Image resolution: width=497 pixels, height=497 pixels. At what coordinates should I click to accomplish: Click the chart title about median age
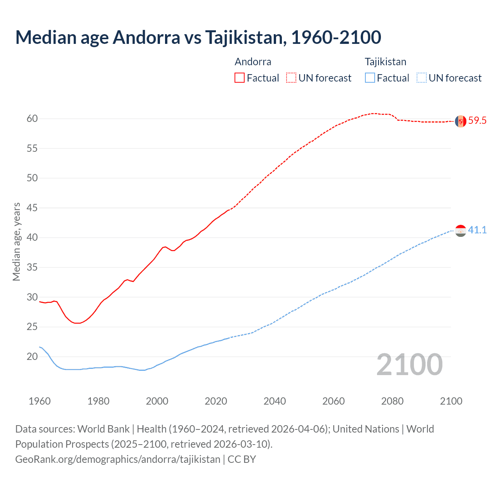198,37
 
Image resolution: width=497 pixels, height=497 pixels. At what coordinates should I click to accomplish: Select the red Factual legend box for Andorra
240,78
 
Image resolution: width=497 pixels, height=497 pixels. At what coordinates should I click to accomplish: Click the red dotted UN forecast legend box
291,78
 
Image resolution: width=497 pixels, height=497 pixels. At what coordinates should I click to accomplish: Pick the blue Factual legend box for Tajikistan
370,78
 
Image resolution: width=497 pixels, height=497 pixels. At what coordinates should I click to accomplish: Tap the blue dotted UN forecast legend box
422,78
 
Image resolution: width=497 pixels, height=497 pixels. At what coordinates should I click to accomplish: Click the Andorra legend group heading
253,62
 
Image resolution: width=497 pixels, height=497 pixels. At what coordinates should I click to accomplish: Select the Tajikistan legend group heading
385,62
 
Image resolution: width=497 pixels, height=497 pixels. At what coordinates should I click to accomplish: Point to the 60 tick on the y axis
32,119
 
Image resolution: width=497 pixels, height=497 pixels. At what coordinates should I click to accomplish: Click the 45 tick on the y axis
32,208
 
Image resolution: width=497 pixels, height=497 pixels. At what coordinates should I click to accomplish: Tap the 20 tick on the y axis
32,356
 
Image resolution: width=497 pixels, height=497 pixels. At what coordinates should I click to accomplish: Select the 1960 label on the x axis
40,401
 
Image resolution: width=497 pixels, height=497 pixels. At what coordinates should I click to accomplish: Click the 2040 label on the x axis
275,401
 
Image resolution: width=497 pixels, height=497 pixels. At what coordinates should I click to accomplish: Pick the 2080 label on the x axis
392,401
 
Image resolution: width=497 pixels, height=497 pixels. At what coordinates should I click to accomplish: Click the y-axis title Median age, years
16,242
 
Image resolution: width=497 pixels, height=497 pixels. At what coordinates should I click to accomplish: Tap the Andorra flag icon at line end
461,121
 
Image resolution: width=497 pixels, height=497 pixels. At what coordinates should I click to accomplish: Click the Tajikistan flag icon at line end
461,231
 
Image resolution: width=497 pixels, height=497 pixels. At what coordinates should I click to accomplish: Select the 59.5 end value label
477,121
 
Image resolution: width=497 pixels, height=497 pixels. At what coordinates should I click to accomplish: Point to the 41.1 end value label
477,230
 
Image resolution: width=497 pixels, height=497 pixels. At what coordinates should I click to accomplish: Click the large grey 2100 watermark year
410,365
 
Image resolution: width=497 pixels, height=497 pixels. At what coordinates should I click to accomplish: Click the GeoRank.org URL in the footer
118,459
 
